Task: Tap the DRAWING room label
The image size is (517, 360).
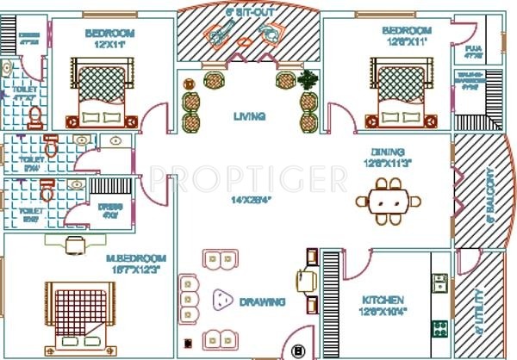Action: tap(263, 302)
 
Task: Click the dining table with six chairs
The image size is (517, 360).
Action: tap(389, 201)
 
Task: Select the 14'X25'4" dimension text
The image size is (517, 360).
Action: tap(252, 201)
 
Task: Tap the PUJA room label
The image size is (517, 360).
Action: tap(472, 51)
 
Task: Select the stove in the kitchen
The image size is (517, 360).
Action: tap(439, 329)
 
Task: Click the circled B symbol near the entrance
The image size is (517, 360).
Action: tap(299, 351)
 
